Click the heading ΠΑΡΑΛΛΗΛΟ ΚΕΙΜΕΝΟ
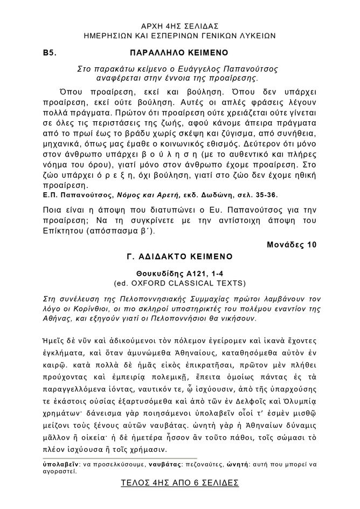[179, 54]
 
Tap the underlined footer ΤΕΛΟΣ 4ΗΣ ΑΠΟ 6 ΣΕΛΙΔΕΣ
[179, 483]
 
